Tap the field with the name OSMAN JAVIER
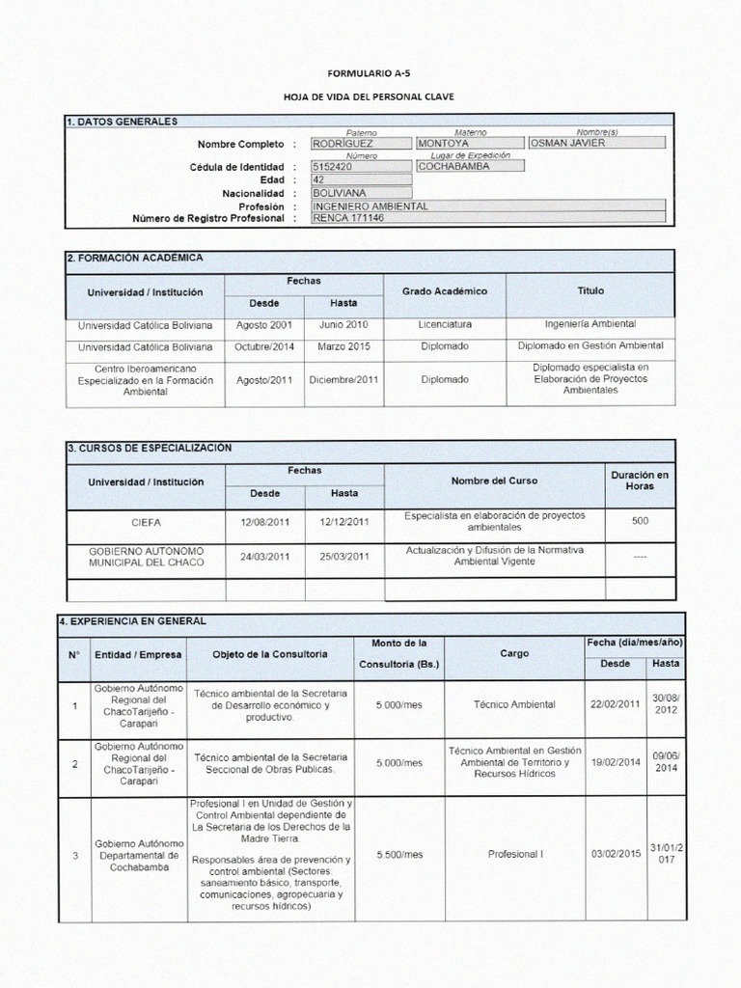596,143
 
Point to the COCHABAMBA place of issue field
470,166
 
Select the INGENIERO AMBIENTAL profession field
487,206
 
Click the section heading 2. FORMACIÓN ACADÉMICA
136,259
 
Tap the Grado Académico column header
445,291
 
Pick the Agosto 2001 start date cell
265,325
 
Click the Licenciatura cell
445,325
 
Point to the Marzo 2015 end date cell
344,346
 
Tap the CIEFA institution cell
146,522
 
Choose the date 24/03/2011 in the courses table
265,557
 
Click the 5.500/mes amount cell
399,855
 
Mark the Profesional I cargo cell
515,855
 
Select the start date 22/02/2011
615,704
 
